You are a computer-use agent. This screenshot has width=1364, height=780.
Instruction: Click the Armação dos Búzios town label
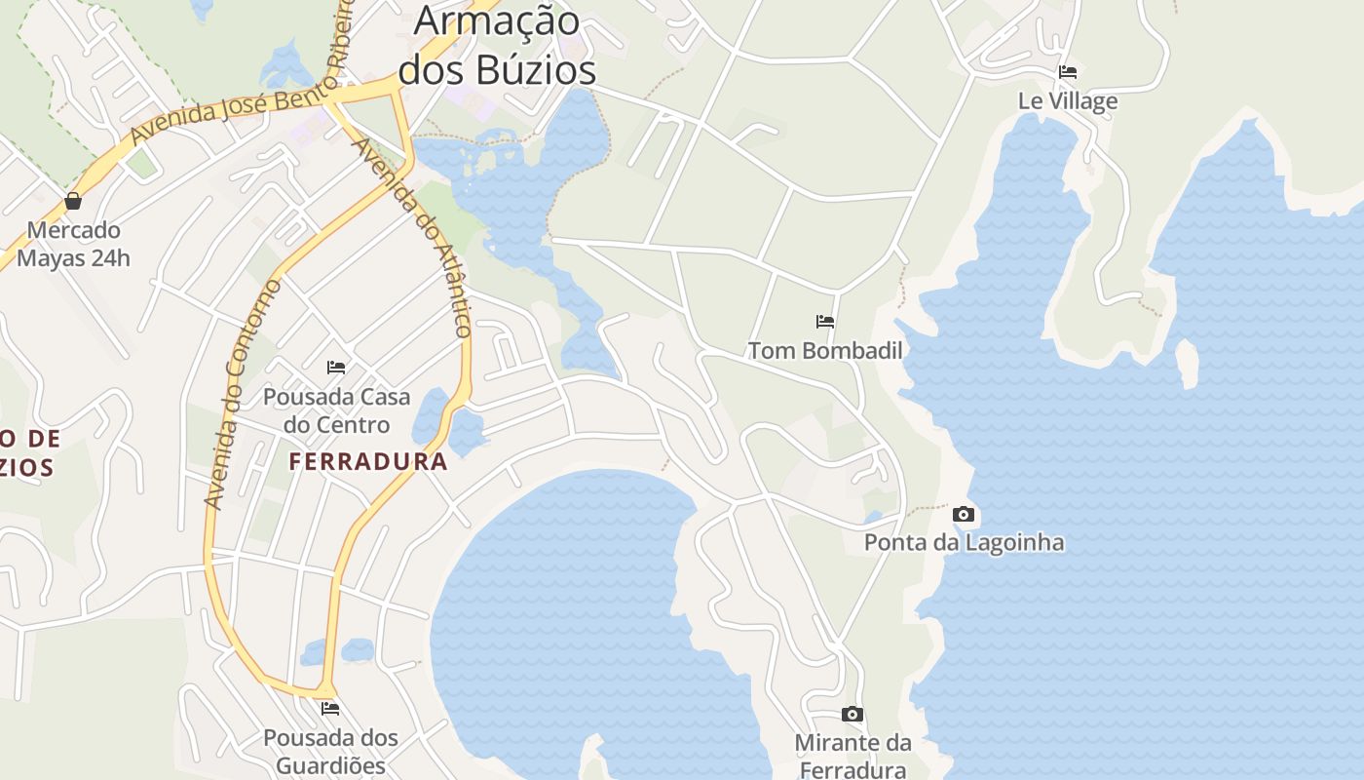pyautogui.click(x=497, y=45)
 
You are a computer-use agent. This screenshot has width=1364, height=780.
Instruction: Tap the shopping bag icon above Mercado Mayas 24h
pyautogui.click(x=73, y=202)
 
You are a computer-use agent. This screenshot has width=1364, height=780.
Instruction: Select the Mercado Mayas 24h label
pyautogui.click(x=73, y=245)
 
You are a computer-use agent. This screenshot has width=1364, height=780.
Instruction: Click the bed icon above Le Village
pyautogui.click(x=1068, y=72)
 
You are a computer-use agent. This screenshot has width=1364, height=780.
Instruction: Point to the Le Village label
pyautogui.click(x=1068, y=101)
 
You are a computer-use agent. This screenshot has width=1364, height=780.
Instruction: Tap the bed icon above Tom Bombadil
pyautogui.click(x=825, y=322)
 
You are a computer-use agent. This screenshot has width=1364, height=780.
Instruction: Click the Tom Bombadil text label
pyautogui.click(x=825, y=351)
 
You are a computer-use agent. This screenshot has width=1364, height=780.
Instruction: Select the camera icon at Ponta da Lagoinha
pyautogui.click(x=964, y=514)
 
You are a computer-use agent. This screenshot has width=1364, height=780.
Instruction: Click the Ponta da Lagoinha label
pyautogui.click(x=964, y=543)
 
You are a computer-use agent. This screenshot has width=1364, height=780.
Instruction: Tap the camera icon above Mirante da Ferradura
pyautogui.click(x=852, y=715)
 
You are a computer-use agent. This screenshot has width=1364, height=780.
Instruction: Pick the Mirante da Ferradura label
pyautogui.click(x=852, y=757)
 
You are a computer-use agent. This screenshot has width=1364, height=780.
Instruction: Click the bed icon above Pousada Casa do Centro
pyautogui.click(x=336, y=368)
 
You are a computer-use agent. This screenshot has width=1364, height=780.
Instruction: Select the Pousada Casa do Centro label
pyautogui.click(x=336, y=411)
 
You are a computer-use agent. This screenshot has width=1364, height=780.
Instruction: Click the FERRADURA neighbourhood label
pyautogui.click(x=368, y=462)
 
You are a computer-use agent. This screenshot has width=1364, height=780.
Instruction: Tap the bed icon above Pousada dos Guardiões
pyautogui.click(x=330, y=709)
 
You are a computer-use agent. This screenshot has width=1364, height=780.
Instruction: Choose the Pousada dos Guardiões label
pyautogui.click(x=330, y=751)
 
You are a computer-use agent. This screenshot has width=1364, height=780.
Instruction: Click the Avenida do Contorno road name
pyautogui.click(x=243, y=394)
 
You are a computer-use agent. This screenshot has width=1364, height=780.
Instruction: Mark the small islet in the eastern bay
pyautogui.click(x=1187, y=363)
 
